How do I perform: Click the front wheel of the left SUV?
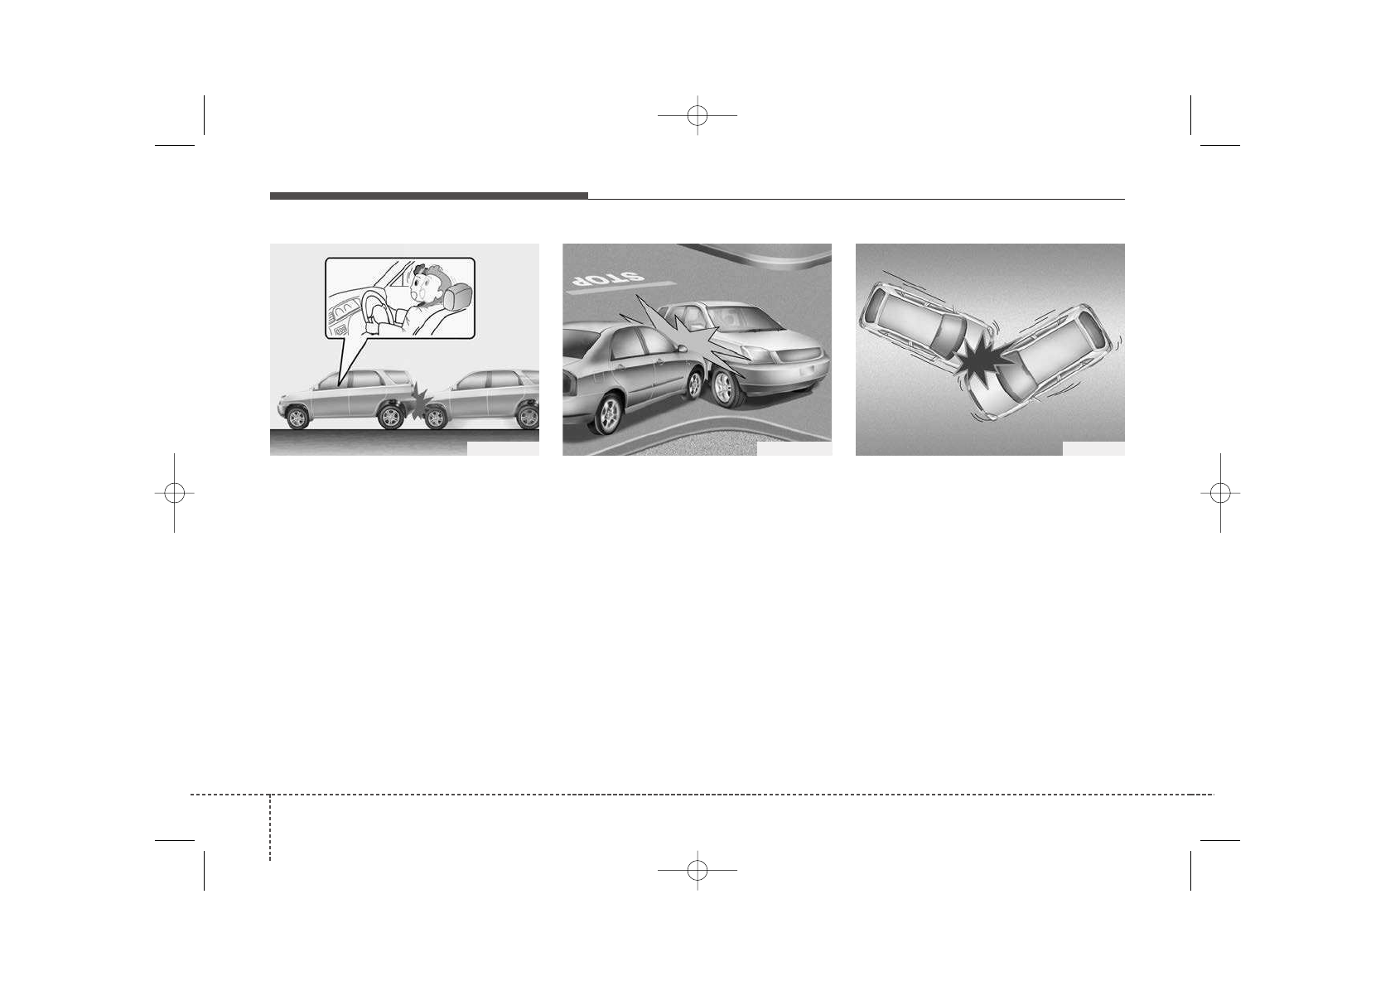297,417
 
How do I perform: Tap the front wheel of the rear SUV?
435,418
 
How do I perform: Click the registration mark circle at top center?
697,116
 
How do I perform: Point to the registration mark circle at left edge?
174,493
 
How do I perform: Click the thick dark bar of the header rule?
428,196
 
